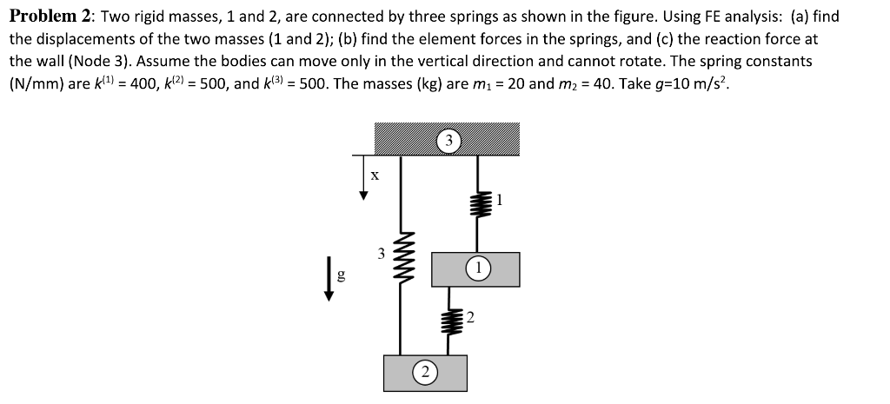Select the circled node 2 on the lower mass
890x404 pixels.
pos(424,374)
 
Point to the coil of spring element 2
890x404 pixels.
pos(448,320)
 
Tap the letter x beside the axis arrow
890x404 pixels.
pos(375,175)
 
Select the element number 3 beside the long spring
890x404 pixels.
pos(381,255)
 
